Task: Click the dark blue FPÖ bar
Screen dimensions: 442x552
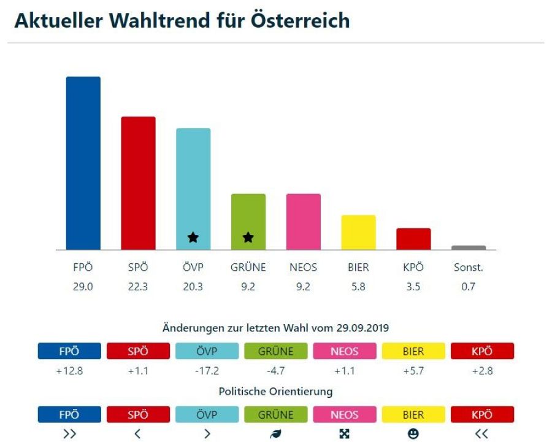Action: [83, 163]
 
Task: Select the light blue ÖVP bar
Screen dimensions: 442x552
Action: [193, 184]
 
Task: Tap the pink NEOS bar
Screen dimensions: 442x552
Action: [304, 221]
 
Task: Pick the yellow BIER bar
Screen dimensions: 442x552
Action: [358, 232]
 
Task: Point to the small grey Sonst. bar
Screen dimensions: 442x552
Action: [469, 248]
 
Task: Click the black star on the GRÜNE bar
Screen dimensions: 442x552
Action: [248, 237]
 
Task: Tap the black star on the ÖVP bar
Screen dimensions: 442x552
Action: [193, 237]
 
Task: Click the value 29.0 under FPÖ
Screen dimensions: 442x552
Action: [83, 286]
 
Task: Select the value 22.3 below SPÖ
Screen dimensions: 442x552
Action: [138, 286]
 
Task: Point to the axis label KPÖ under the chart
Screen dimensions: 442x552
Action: [413, 268]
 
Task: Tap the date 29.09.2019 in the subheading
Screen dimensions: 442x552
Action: [362, 328]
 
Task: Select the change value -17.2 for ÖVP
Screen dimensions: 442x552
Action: [207, 371]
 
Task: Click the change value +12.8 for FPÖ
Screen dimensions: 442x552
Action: [69, 371]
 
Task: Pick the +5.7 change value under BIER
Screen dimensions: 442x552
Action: [413, 371]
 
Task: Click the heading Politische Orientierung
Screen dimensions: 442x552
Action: [275, 391]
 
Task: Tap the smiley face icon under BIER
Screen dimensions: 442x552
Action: [413, 434]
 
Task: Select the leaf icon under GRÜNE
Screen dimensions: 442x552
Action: [275, 434]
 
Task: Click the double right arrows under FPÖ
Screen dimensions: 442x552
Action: [69, 434]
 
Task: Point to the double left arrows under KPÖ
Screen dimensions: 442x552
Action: [482, 434]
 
